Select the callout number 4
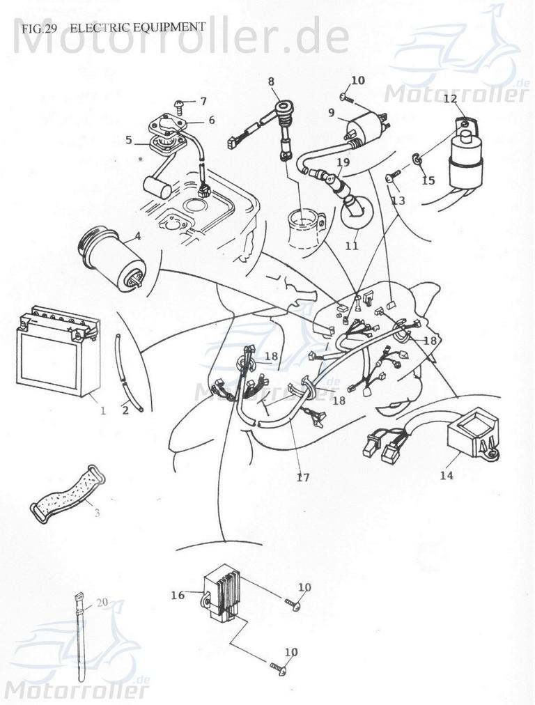(x=138, y=236)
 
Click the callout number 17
(x=302, y=477)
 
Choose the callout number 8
(x=271, y=82)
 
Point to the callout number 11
(x=351, y=245)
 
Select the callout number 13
(x=398, y=201)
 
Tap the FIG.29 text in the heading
(x=39, y=28)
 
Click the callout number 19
(x=343, y=162)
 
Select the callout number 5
(x=128, y=139)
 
